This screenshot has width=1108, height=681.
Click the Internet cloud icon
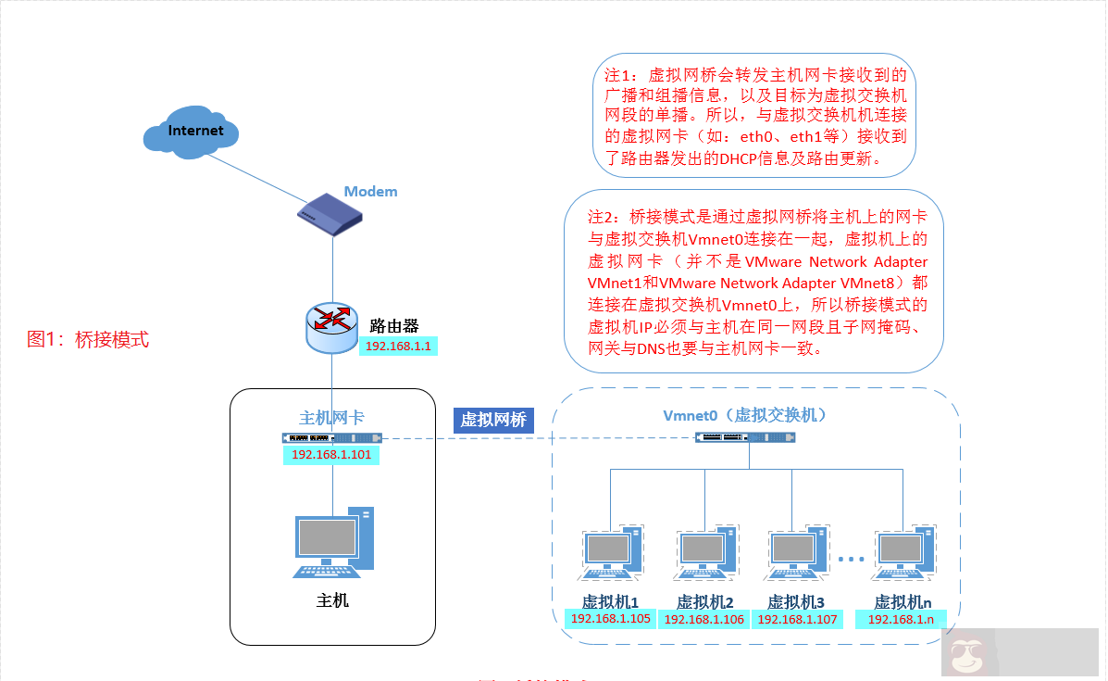tap(195, 131)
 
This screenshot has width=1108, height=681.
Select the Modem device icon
tap(330, 217)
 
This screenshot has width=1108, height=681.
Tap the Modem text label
tap(370, 192)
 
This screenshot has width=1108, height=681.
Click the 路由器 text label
tap(394, 326)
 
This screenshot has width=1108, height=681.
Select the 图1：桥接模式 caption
tap(88, 339)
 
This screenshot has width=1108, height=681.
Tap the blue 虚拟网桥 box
tap(493, 420)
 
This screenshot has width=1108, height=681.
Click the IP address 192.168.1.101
tap(331, 455)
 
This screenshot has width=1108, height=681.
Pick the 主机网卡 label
tap(331, 418)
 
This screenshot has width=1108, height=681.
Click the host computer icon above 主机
tap(334, 543)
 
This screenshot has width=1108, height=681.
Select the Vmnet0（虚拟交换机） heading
tap(744, 415)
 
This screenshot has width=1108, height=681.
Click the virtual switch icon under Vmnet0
tap(746, 437)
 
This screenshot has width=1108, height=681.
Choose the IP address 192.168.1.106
tap(704, 620)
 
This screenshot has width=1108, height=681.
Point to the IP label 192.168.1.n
tap(902, 619)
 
